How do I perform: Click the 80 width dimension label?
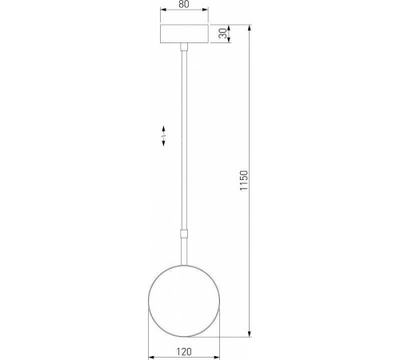tap(184, 4)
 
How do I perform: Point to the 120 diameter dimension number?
tap(184, 352)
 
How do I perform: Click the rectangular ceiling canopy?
tap(184, 34)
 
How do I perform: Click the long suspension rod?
tap(184, 144)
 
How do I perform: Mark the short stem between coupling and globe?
tap(184, 252)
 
